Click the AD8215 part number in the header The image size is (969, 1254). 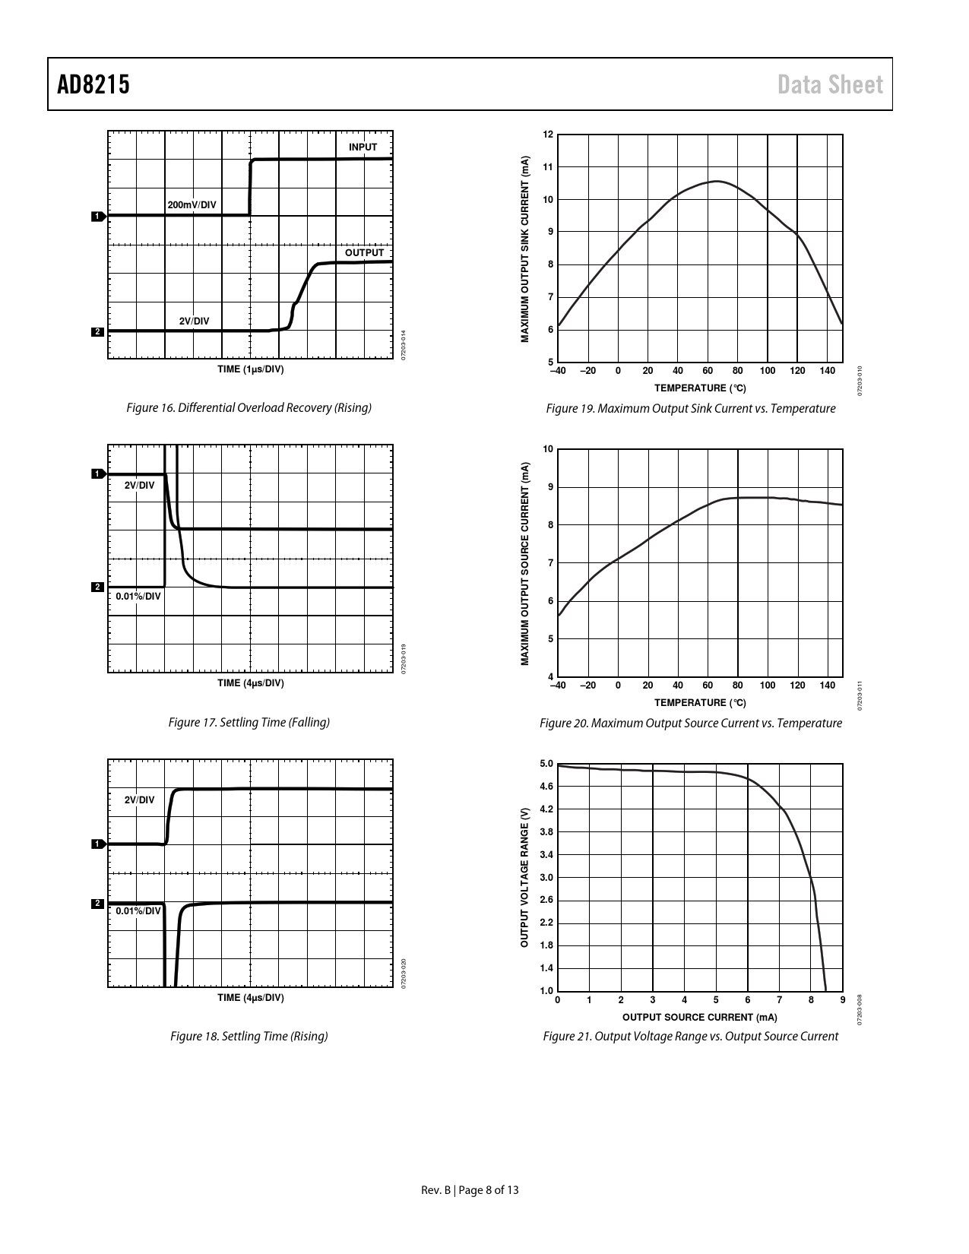click(93, 84)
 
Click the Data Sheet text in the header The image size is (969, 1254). click(830, 84)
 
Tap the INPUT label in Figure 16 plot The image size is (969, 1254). click(363, 147)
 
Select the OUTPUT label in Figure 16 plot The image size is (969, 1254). click(364, 252)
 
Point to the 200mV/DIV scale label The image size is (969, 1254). click(192, 205)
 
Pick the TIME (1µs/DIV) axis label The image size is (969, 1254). click(251, 369)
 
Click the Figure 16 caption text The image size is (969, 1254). click(249, 408)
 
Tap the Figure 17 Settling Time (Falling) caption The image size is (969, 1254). click(249, 722)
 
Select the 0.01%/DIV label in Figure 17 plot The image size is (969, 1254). click(138, 597)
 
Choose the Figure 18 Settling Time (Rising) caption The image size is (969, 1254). click(249, 1036)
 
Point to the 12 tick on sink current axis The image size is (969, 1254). click(549, 135)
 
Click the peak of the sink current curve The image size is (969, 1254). click(717, 181)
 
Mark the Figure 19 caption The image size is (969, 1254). click(690, 409)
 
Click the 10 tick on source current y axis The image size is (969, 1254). click(549, 449)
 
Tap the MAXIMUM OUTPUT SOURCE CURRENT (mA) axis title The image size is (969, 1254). click(525, 564)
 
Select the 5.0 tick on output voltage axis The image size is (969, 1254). click(546, 764)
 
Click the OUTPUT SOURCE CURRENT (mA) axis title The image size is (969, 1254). click(699, 1017)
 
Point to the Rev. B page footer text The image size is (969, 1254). click(470, 1190)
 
